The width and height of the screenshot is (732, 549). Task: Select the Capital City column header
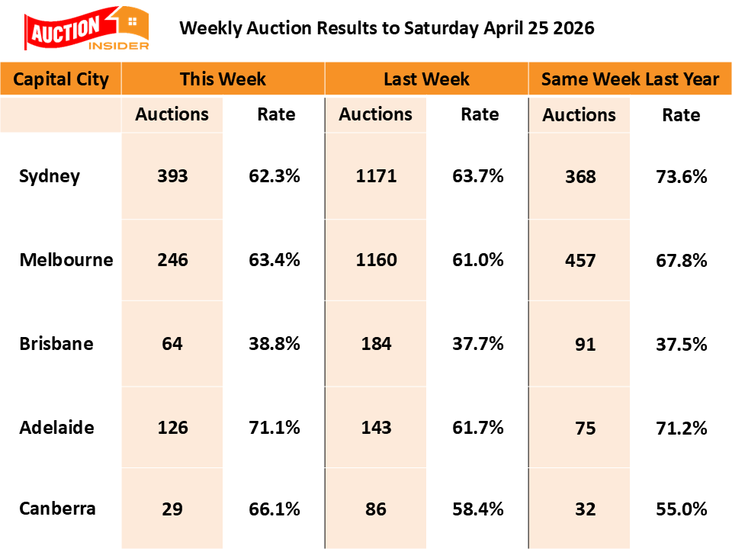click(61, 79)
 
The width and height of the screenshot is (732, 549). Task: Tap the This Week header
click(223, 79)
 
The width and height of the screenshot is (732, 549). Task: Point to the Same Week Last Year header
click(630, 79)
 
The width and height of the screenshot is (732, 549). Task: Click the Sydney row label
click(50, 177)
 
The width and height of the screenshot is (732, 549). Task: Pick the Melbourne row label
click(66, 260)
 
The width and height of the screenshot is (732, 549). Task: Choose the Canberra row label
click(58, 509)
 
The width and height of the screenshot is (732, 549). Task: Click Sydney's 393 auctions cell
click(172, 177)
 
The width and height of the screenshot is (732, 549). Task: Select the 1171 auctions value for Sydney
click(376, 177)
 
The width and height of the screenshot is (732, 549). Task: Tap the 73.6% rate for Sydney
click(681, 177)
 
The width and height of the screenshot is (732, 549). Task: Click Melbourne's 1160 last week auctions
click(376, 260)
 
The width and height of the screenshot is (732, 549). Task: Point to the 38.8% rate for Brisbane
click(274, 344)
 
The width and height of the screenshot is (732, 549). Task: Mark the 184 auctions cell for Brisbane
click(376, 344)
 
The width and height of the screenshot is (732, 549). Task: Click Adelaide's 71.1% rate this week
click(274, 427)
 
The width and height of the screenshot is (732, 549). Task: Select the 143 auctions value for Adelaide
click(376, 427)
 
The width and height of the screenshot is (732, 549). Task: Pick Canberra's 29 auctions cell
click(172, 509)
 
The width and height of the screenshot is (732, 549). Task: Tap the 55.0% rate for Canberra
click(681, 509)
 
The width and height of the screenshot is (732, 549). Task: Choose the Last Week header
click(426, 79)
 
